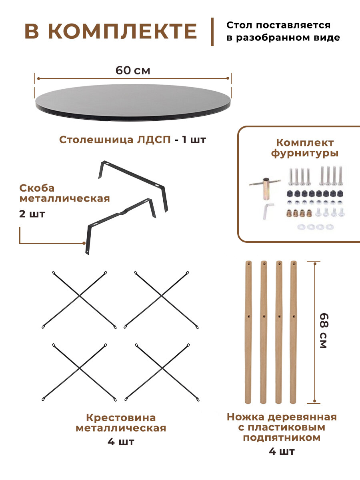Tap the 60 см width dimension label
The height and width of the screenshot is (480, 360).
133,71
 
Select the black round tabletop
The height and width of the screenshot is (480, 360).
133,102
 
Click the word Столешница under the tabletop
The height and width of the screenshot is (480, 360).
92,140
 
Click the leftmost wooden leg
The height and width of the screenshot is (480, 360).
248,332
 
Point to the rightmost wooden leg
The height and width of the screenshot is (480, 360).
294,332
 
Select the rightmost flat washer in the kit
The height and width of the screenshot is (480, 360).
329,227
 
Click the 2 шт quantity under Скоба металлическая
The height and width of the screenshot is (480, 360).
32,214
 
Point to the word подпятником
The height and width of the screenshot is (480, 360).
282,438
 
